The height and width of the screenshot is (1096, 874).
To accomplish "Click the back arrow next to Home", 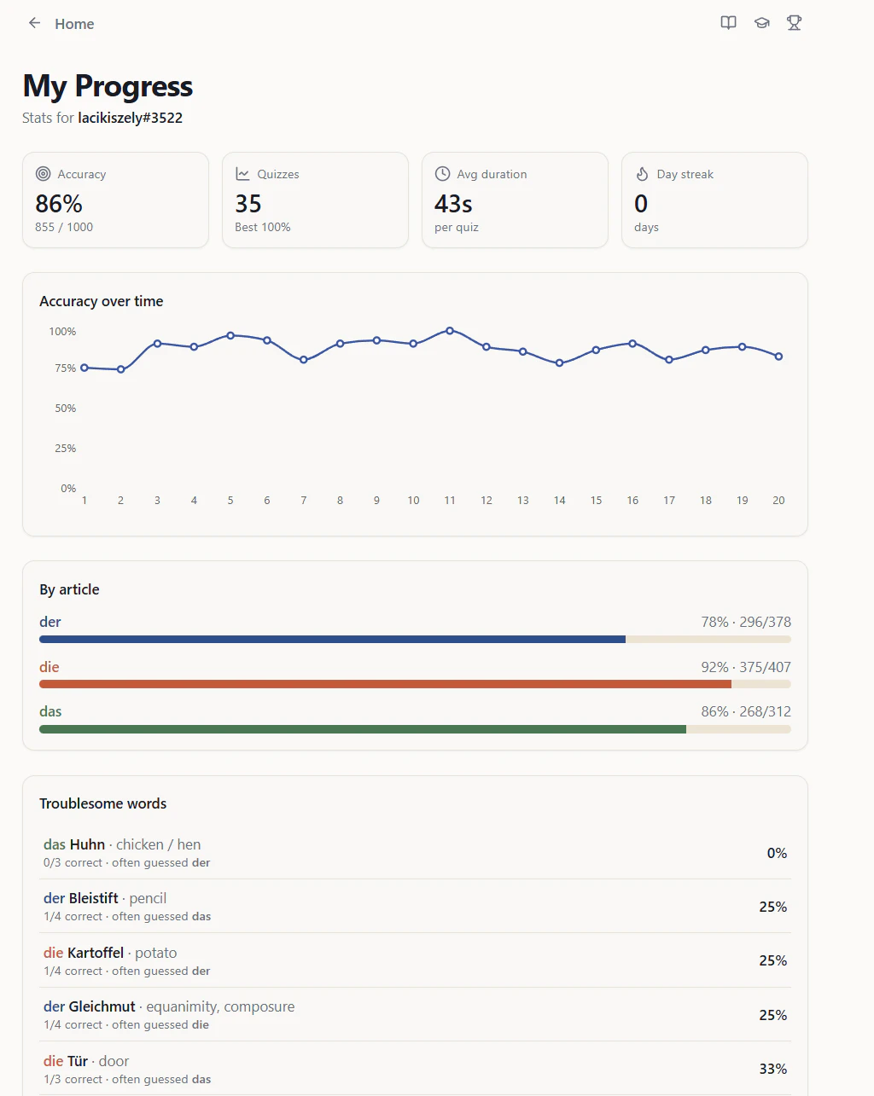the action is point(34,23).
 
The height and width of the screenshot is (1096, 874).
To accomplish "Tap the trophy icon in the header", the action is point(794,23).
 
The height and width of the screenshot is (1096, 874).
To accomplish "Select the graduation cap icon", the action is point(762,23).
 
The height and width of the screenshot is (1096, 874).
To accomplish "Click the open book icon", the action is point(728,23).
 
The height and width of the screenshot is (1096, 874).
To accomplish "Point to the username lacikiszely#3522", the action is point(130,119).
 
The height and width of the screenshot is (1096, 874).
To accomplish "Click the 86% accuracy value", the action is point(59,204).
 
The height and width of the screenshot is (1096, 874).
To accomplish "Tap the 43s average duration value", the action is point(453,204).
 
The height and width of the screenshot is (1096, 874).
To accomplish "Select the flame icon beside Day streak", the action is point(642,174).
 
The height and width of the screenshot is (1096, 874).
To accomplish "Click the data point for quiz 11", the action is point(450,331).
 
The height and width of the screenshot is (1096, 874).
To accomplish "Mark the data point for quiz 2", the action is point(121,369).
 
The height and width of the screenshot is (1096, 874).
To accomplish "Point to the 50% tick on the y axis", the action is point(65,409).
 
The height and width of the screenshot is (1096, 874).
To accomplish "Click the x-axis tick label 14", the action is point(560,501).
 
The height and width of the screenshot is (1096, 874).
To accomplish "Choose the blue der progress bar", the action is point(332,639).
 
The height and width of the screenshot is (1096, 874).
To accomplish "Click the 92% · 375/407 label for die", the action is point(746,667).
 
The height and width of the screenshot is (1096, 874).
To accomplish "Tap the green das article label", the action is point(50,711).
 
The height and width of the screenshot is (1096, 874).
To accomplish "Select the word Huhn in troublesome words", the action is point(88,844).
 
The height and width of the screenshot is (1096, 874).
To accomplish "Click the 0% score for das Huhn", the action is point(778,853).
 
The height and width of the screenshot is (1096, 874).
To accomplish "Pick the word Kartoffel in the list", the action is point(96,953).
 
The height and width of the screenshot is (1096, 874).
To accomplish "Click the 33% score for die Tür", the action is point(773,1069).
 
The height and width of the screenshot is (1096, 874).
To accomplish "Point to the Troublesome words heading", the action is point(103,803).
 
